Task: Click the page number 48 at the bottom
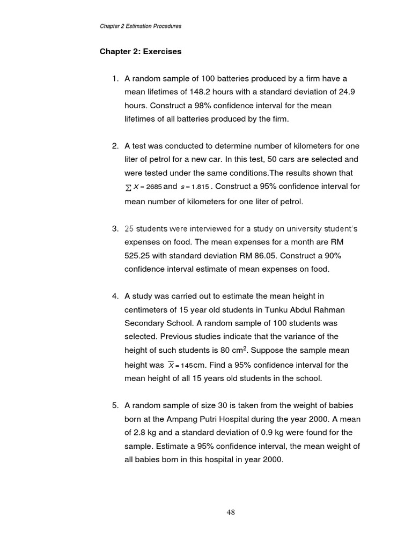(x=231, y=512)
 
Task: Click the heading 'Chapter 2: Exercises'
(x=141, y=52)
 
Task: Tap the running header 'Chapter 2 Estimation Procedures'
(x=140, y=26)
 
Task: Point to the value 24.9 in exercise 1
(x=344, y=92)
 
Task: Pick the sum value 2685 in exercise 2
(x=153, y=187)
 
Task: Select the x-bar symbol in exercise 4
(x=171, y=365)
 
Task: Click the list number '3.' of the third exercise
(x=115, y=228)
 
